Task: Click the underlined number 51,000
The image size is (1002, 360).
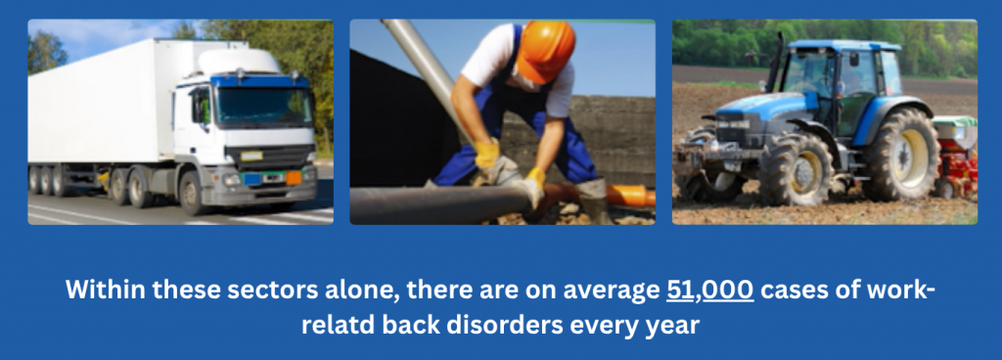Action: pyautogui.click(x=710, y=290)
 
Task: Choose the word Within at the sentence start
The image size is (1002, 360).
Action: pyautogui.click(x=103, y=290)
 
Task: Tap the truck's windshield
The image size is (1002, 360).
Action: pyautogui.click(x=264, y=106)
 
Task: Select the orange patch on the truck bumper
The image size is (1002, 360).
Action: pyautogui.click(x=294, y=178)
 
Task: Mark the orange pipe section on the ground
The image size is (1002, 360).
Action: pyautogui.click(x=630, y=196)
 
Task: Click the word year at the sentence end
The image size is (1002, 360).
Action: pyautogui.click(x=675, y=327)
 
